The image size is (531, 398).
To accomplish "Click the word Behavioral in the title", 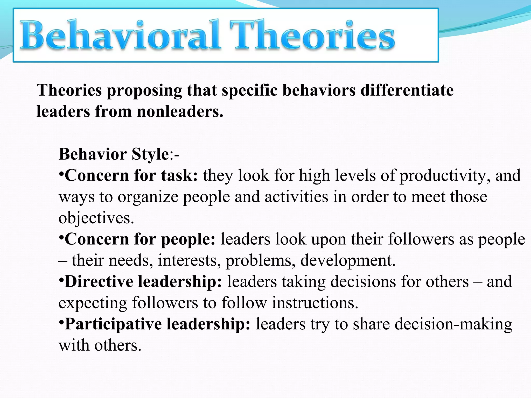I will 120,35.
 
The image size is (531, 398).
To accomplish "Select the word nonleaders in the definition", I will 180,112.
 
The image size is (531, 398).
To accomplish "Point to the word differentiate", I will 407,90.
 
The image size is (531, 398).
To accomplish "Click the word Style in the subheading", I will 150,154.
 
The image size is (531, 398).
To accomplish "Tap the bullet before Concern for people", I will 61,237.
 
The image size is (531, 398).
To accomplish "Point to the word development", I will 348,260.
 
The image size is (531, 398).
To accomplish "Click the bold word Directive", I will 99,282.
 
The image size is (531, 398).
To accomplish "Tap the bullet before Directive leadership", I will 61,279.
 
